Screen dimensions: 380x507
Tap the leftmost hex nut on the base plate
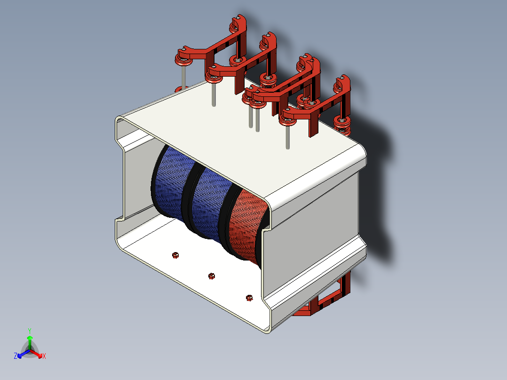pyautogui.click(x=175, y=255)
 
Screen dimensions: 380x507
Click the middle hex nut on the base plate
pyautogui.click(x=212, y=276)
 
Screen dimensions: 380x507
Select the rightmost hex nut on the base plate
pyautogui.click(x=249, y=297)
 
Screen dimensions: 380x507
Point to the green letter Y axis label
pyautogui.click(x=30, y=330)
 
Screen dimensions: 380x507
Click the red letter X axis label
pyautogui.click(x=44, y=356)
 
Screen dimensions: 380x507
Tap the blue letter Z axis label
pyautogui.click(x=16, y=356)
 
